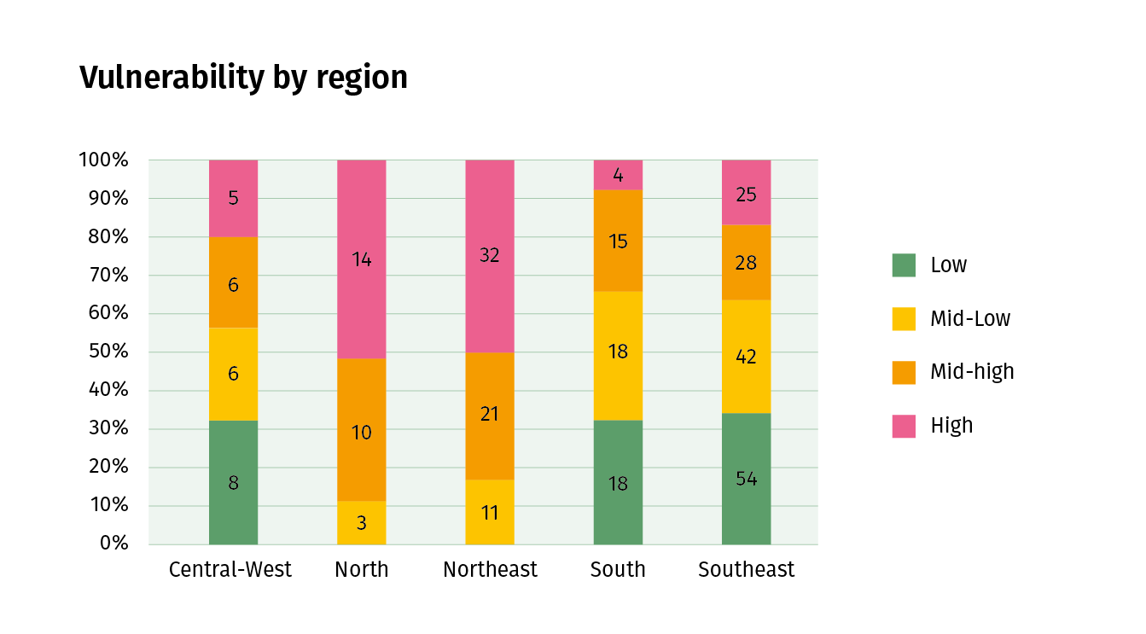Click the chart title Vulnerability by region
pyautogui.click(x=243, y=78)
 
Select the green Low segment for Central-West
pyautogui.click(x=233, y=482)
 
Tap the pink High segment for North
pyautogui.click(x=362, y=259)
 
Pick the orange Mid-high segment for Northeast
pyautogui.click(x=490, y=416)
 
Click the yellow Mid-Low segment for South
pyautogui.click(x=618, y=355)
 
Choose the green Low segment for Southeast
pyautogui.click(x=746, y=479)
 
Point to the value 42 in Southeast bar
pyautogui.click(x=746, y=357)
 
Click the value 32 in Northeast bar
pyautogui.click(x=490, y=255)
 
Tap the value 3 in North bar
pyautogui.click(x=362, y=523)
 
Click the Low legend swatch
pyautogui.click(x=904, y=265)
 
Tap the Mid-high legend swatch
pyautogui.click(x=904, y=372)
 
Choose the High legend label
pyautogui.click(x=951, y=426)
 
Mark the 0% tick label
pyautogui.click(x=113, y=544)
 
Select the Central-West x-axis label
pyautogui.click(x=230, y=570)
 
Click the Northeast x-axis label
pyautogui.click(x=490, y=570)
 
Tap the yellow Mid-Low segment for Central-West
pyautogui.click(x=233, y=374)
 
